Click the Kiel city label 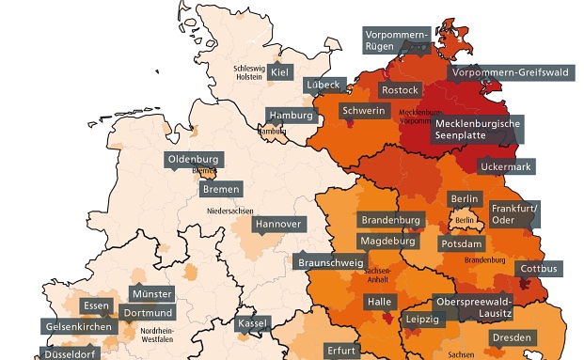pos(279,72)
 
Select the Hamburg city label pos(290,116)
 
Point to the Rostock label pos(400,90)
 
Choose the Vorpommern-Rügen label pos(397,39)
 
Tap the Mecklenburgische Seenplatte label pos(477,129)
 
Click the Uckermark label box pos(505,167)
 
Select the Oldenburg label pos(193,160)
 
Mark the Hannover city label pos(278,225)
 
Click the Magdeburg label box pos(387,242)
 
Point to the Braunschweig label pos(330,263)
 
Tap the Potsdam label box pos(462,243)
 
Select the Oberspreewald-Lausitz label pos(473,306)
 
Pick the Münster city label pos(151,294)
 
